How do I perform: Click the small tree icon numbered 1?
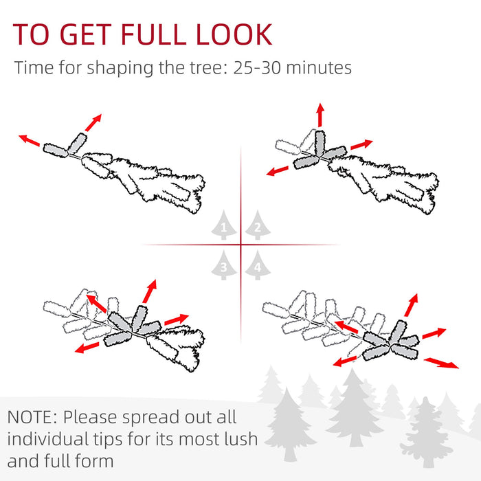224,225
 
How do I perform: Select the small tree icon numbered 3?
224,265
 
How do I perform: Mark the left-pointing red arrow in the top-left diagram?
30,140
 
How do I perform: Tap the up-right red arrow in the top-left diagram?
91,122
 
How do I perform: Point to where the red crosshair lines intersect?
240,244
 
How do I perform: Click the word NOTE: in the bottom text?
33,417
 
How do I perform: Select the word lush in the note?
235,438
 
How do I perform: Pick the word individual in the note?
47,438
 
